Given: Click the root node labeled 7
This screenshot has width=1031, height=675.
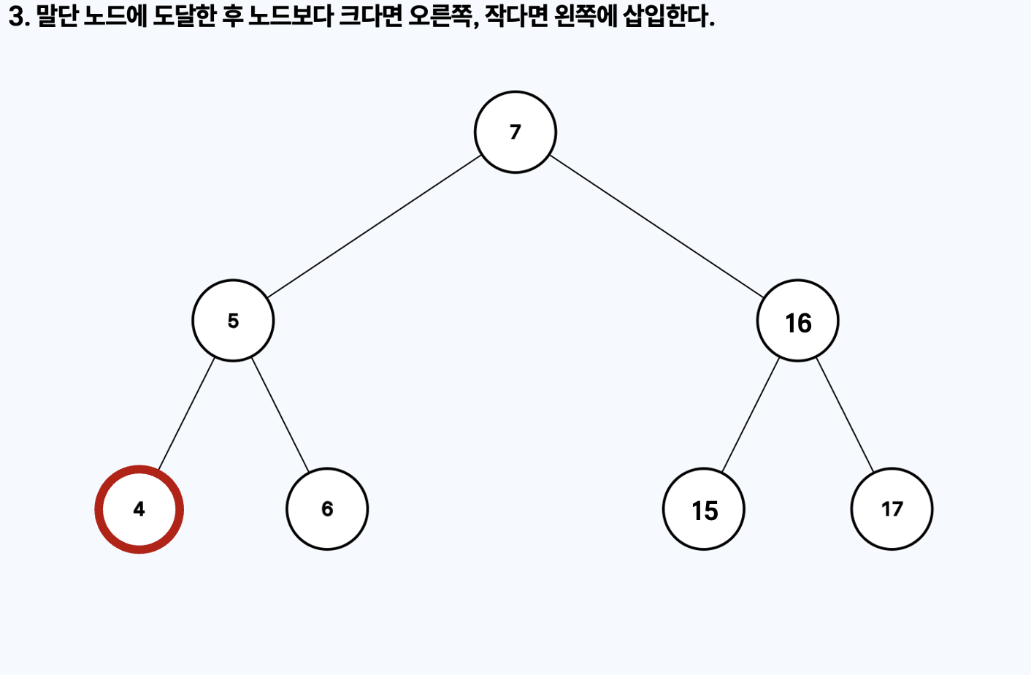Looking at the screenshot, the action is [515, 132].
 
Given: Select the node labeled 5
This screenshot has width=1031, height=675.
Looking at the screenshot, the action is [233, 321].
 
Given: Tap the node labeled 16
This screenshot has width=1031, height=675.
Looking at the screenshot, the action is [797, 321].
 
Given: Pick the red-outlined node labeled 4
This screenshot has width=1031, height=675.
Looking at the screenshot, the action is [139, 509].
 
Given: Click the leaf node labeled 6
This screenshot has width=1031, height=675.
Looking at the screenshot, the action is [327, 509].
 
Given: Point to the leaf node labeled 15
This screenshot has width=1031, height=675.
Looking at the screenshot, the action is [704, 509].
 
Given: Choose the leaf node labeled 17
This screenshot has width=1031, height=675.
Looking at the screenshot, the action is [892, 509].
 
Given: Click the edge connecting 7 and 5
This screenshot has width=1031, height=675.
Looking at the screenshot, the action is [374, 226].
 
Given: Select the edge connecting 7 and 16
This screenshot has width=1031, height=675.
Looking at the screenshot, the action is [656, 226].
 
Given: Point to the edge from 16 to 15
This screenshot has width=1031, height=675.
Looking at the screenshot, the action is [751, 415].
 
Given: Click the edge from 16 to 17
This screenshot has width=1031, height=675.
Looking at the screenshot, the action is [845, 415].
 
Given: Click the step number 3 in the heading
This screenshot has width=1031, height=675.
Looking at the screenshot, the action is [16, 16].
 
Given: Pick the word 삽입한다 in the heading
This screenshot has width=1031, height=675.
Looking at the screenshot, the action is [666, 16].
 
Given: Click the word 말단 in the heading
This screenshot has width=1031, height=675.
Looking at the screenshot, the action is [58, 16].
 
